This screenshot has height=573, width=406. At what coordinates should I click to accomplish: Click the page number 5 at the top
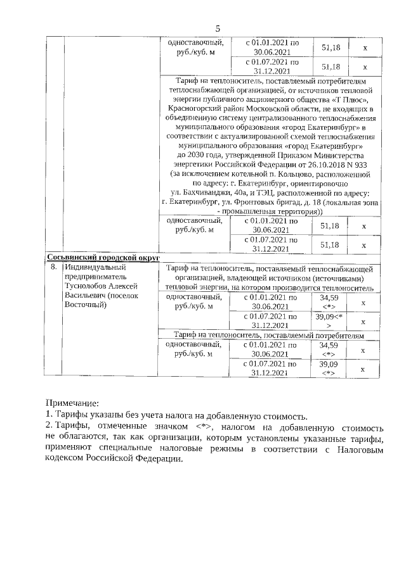pos(217,28)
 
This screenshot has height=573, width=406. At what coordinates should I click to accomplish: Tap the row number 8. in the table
pos(55,268)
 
